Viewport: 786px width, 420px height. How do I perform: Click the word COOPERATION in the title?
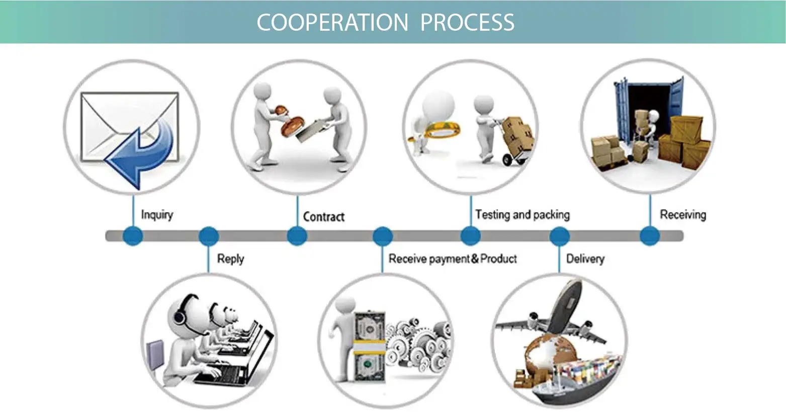(x=332, y=23)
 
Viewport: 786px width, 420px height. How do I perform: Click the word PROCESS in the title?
(x=467, y=23)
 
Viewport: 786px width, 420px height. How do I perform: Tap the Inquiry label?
(x=157, y=215)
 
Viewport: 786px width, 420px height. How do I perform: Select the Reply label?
(x=230, y=259)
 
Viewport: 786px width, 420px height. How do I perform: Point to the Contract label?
(x=324, y=217)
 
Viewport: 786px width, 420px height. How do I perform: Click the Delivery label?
(x=585, y=259)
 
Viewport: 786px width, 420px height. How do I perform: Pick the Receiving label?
(x=683, y=215)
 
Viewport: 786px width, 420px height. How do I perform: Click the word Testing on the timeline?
(x=492, y=215)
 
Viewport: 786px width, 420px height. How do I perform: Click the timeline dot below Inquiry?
(x=133, y=236)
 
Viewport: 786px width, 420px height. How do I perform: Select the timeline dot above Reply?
(x=209, y=236)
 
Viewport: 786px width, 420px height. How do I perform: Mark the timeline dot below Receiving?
(x=649, y=236)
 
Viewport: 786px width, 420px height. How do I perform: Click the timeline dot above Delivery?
(x=559, y=236)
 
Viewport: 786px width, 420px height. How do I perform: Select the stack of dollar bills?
(x=369, y=347)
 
